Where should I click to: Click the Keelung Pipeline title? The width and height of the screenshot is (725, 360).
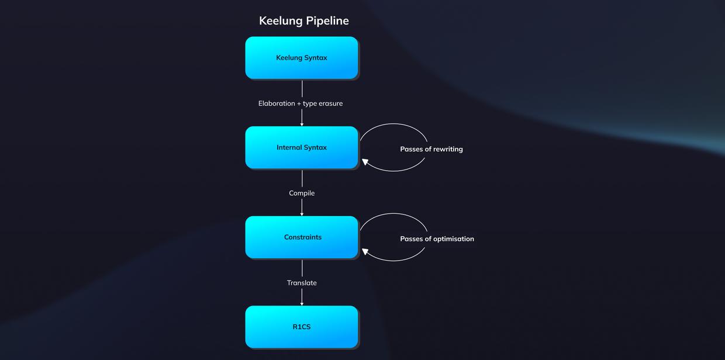point(303,20)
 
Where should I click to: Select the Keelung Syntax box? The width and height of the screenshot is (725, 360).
point(301,57)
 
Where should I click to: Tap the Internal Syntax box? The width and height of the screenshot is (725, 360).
point(301,147)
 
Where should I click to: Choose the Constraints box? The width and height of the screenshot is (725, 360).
point(301,237)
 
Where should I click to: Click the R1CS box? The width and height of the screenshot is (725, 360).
point(301,327)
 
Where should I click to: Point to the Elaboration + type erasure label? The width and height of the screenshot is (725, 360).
point(301,103)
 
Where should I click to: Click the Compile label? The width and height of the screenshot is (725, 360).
point(302,193)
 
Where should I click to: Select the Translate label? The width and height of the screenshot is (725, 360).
point(302,283)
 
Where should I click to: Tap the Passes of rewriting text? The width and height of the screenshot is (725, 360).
point(431,149)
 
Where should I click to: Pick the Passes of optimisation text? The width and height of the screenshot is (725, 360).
point(437,239)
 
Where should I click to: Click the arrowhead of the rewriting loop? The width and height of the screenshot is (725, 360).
point(365,162)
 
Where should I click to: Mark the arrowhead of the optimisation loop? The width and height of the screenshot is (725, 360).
point(365,251)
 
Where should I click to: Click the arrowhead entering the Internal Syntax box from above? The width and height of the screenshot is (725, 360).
point(302,124)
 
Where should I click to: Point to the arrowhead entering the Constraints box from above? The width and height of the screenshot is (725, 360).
point(302,214)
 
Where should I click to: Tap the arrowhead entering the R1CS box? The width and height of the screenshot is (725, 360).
point(302,303)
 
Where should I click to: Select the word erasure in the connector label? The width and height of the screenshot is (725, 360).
point(330,103)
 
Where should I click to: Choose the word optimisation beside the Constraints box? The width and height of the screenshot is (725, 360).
point(454,239)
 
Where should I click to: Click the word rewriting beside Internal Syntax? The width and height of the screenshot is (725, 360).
point(448,149)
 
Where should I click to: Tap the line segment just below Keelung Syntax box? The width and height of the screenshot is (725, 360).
point(302,88)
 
